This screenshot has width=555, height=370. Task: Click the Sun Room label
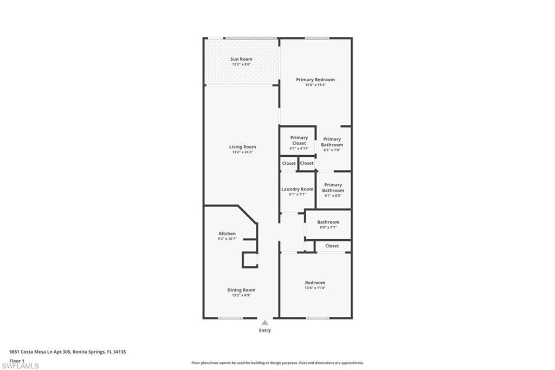[x=241, y=59]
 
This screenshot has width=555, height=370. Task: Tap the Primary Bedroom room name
[x=315, y=79]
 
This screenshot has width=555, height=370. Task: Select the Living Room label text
[x=242, y=146]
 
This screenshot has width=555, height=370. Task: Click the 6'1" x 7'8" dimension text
[x=332, y=150]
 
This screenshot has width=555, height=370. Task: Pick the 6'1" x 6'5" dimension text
[x=333, y=195]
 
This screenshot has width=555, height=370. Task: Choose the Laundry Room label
[x=297, y=189]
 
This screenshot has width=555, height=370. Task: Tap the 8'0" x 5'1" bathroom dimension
[x=328, y=227]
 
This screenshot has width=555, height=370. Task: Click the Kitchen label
[x=227, y=233]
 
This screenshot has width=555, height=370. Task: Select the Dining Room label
[x=241, y=290]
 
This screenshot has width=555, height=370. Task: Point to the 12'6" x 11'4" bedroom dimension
[x=315, y=288]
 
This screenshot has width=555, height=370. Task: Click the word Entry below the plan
[x=264, y=330]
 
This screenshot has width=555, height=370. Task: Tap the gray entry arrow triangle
[x=264, y=322]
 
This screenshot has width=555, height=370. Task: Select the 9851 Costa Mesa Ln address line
[x=68, y=352]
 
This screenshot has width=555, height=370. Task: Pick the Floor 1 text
[x=17, y=360]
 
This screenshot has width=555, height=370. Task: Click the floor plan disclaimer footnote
[x=277, y=362]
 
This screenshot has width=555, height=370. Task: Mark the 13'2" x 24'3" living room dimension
[x=242, y=152]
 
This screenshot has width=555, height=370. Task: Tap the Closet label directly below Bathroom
[x=332, y=246]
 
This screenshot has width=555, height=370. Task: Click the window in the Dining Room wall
[x=230, y=318]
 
